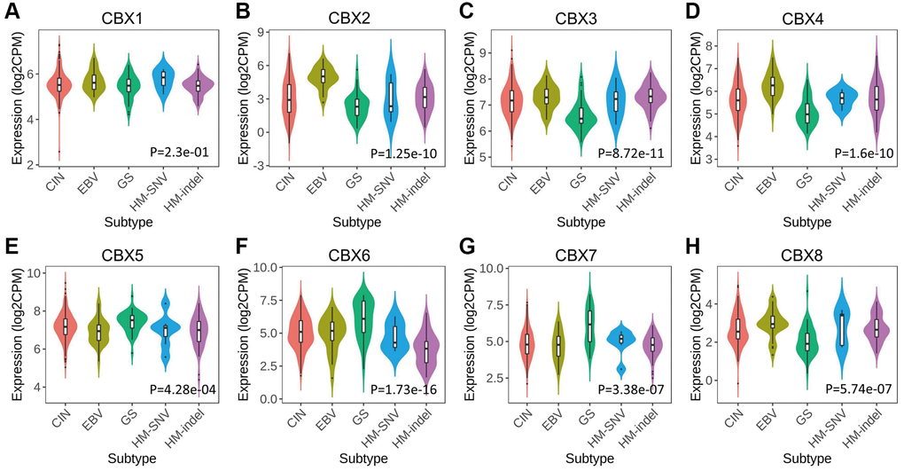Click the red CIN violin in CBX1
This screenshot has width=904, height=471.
click(59, 84)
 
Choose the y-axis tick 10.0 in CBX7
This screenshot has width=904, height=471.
click(490, 269)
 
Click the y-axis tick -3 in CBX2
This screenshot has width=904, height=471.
click(261, 166)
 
